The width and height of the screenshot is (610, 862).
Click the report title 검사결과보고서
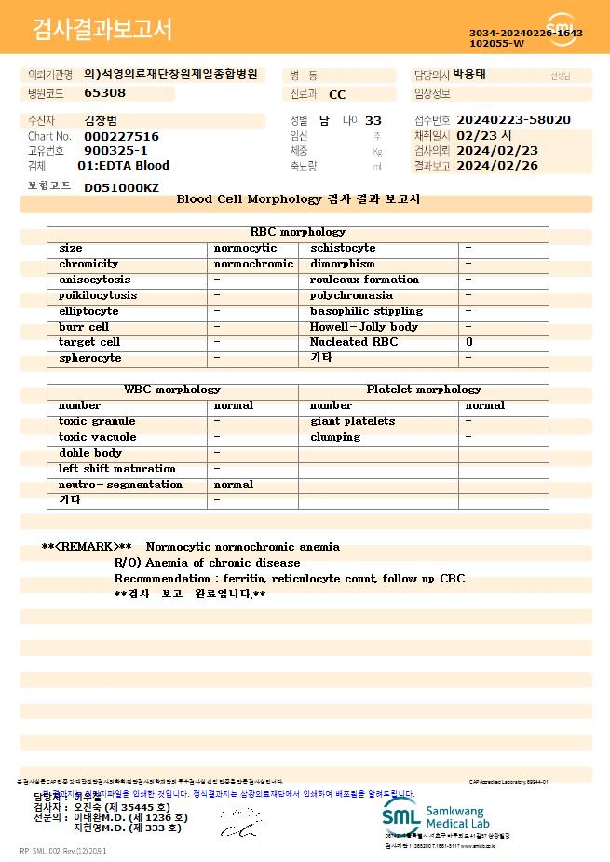click(x=102, y=30)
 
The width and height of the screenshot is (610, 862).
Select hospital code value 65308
click(x=104, y=93)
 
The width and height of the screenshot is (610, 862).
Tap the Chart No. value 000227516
click(x=121, y=136)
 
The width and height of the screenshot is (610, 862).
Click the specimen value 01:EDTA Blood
click(x=123, y=166)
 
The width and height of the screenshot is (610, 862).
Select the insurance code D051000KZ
click(x=121, y=187)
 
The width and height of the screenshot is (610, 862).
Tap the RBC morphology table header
click(x=298, y=232)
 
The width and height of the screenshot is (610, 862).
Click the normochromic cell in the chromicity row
click(x=253, y=264)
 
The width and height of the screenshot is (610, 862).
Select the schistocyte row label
click(x=343, y=248)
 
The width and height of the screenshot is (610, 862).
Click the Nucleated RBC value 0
click(x=469, y=342)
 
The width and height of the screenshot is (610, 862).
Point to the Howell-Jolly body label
click(x=364, y=327)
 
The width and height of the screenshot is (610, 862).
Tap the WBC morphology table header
click(x=172, y=390)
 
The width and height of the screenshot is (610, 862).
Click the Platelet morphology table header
click(x=424, y=390)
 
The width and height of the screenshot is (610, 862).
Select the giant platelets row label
click(x=352, y=421)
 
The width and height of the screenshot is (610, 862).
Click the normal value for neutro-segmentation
click(x=234, y=485)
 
